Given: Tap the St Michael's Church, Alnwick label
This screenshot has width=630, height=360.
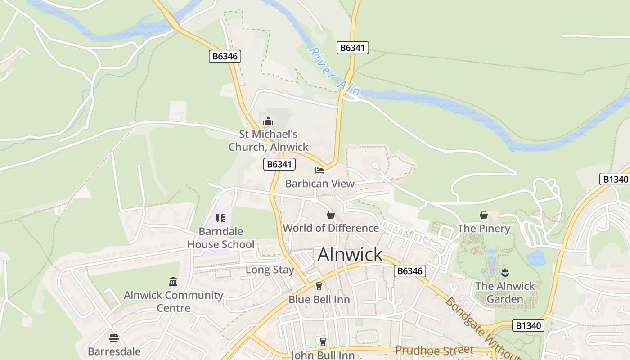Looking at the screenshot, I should point(268,140).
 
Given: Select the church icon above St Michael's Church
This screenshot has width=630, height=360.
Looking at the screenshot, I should point(268,121).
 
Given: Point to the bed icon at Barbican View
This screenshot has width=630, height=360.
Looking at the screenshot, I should point(319,171).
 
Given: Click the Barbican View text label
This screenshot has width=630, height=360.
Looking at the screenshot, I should point(320,184).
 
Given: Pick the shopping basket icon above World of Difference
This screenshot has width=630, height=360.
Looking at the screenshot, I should point(331,215).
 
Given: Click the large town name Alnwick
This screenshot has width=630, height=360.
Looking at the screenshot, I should point(350,255).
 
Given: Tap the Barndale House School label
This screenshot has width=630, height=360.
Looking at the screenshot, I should point(221,238).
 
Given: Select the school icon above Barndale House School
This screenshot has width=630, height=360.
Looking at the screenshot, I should point(220,218).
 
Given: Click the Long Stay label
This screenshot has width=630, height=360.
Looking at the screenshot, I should point(270,270).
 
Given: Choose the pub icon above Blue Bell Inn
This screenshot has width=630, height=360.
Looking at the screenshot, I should point(319,286).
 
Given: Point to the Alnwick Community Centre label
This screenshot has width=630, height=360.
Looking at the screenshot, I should point(174,301).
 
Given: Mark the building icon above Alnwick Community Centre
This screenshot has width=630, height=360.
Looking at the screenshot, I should point(173,282).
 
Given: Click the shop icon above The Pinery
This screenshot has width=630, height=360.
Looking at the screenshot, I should point(484,215).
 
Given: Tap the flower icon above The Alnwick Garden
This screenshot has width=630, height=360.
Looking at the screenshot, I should point(505,272).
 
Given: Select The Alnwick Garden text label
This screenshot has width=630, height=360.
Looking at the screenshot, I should point(505,292).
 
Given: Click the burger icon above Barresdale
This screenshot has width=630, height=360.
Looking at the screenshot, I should point(114,338).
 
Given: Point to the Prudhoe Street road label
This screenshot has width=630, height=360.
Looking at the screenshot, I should point(434,350).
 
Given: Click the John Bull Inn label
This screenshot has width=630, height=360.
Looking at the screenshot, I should point(323,355).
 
